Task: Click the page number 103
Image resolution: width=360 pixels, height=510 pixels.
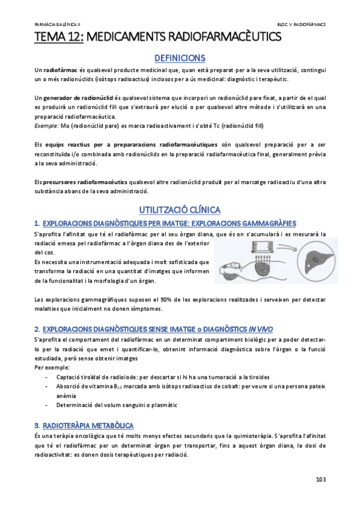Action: tap(320, 479)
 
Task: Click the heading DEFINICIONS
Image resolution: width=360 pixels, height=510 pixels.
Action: tap(180, 58)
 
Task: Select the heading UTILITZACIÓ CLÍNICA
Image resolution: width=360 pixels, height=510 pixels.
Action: tap(180, 209)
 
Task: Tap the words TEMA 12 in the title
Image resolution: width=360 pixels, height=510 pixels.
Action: tap(58, 37)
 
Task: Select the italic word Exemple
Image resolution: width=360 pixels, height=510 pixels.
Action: tap(46, 126)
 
